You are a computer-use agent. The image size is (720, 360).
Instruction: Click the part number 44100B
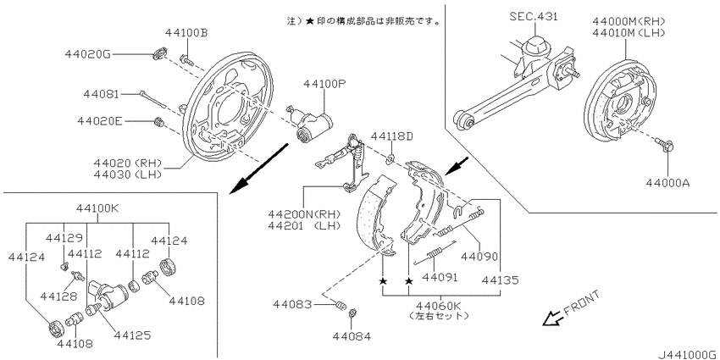coord(186,32)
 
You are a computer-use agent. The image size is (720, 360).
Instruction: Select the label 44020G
coord(88,54)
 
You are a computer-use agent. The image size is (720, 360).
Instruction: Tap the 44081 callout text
coord(102,95)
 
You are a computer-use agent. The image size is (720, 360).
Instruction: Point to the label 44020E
coord(100,122)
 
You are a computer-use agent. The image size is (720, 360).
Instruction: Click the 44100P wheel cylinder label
coord(324,84)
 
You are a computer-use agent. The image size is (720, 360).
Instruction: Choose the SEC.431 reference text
coord(534,17)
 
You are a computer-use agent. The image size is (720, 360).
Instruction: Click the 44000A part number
coord(667,183)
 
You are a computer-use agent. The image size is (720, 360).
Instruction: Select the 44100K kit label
coord(97,209)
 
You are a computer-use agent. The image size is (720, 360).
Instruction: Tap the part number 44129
coord(64,237)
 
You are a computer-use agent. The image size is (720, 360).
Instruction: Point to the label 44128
coord(58,296)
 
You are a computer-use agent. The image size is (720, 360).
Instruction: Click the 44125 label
coord(132,335)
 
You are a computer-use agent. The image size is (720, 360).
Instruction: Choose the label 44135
coord(501,280)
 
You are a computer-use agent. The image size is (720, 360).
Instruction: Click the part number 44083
coord(292,304)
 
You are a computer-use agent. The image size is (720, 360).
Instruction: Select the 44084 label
coord(352,336)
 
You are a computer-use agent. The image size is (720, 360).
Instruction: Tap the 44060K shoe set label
coord(438,305)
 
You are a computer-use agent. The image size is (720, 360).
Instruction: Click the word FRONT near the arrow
coord(581,303)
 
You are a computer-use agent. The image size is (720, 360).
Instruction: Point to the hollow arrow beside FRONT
coord(551,318)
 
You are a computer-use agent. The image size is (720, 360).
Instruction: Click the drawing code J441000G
coord(689,355)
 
